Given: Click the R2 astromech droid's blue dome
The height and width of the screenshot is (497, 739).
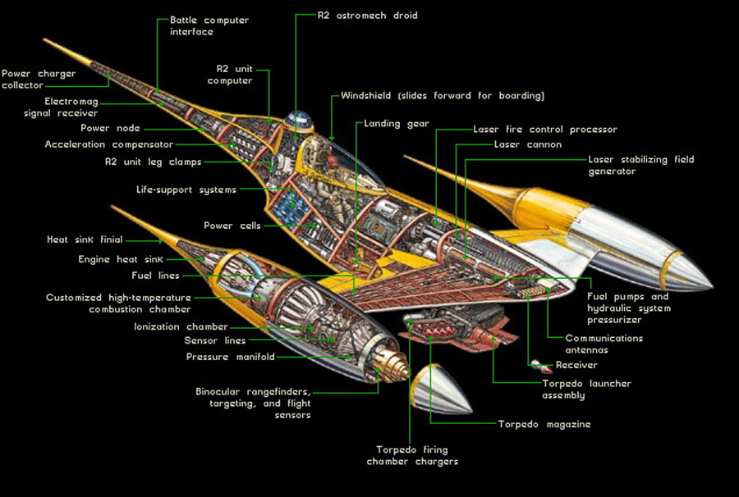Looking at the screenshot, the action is tap(299, 118).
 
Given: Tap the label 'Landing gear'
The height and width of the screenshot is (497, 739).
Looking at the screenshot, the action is tap(397, 124).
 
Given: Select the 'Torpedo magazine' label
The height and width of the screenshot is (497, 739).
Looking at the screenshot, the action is tap(544, 425).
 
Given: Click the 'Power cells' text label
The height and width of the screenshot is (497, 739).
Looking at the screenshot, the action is tap(232, 226).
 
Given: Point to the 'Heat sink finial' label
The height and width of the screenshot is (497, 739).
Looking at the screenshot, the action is tap(85, 239).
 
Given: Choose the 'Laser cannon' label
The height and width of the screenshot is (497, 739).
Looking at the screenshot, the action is tap(527, 144).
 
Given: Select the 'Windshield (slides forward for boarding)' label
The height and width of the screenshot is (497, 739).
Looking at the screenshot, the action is tap(443, 96).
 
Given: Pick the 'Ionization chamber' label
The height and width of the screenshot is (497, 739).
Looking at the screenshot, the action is tap(181, 326).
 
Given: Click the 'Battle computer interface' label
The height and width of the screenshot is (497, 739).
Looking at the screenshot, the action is tap(209, 26).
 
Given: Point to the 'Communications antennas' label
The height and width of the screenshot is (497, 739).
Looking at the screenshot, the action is tap(604, 344).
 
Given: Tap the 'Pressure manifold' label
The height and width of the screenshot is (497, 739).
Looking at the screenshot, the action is tap(231, 357).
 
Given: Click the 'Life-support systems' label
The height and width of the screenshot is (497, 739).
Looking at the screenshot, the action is tap(186, 190).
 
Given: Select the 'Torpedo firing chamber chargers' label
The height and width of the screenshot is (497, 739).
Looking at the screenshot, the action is tap(412, 456).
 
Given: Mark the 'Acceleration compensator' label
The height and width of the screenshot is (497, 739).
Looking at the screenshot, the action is tap(109, 144).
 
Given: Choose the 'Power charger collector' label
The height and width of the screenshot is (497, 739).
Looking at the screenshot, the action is tap(39, 80).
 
